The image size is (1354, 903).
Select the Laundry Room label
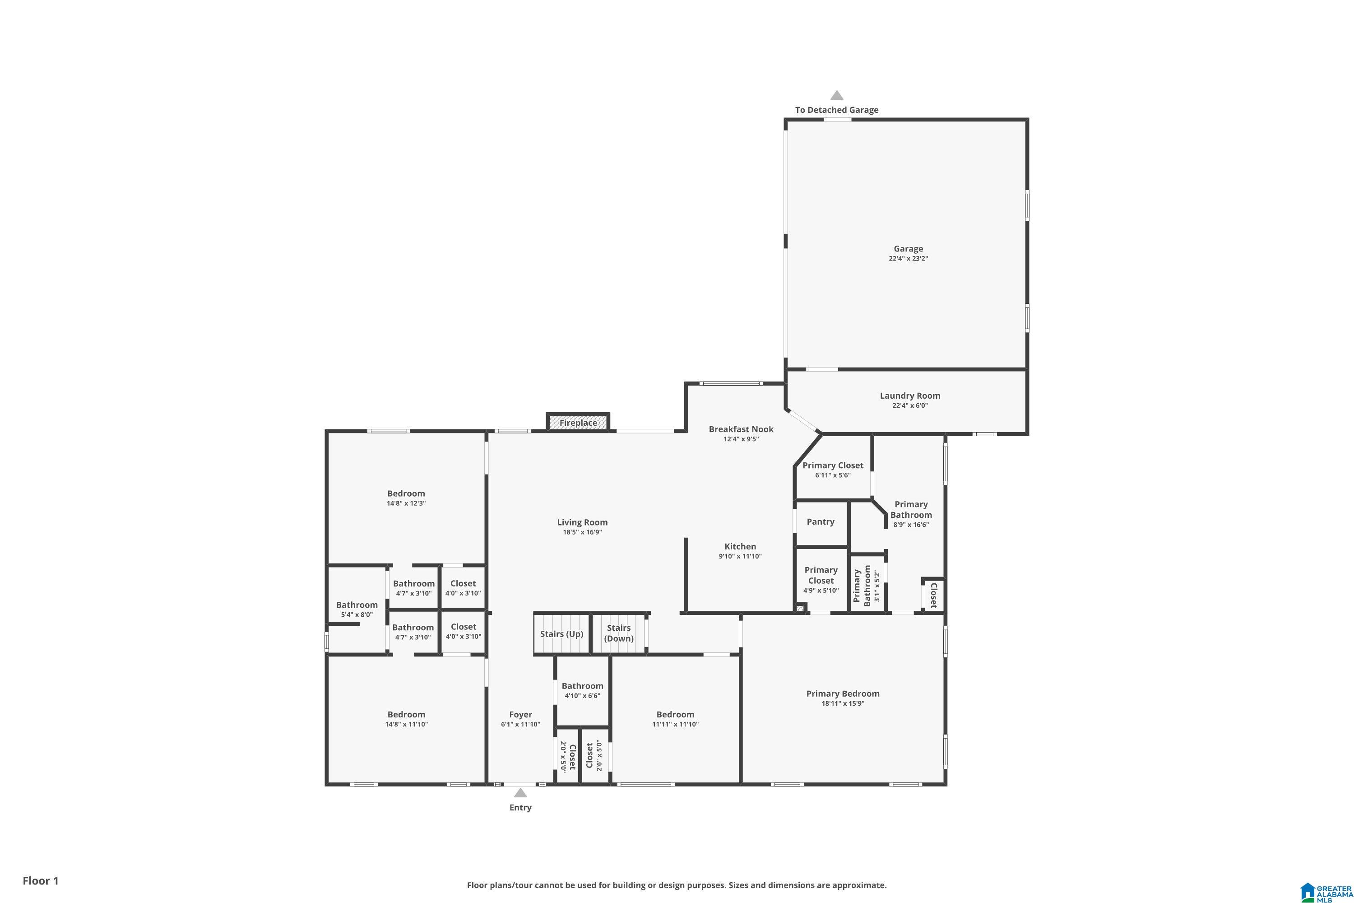pyautogui.click(x=909, y=396)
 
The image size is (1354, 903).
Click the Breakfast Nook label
pyautogui.click(x=741, y=429)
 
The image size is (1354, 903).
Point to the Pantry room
pyautogui.click(x=821, y=522)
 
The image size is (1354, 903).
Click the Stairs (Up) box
pyautogui.click(x=561, y=634)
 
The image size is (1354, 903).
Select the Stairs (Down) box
pyautogui.click(x=619, y=633)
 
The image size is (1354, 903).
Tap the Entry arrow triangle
pyautogui.click(x=520, y=793)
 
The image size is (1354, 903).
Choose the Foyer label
pyautogui.click(x=520, y=715)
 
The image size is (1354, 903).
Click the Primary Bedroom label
pyautogui.click(x=843, y=694)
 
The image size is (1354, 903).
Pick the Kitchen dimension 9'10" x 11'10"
pyautogui.click(x=740, y=556)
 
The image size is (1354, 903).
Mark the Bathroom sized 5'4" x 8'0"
pyautogui.click(x=357, y=609)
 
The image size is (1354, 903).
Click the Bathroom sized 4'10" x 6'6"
pyautogui.click(x=582, y=690)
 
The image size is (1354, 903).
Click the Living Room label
pyautogui.click(x=582, y=522)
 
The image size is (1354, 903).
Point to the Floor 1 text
pyautogui.click(x=40, y=880)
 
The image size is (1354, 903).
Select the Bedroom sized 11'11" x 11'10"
pyautogui.click(x=675, y=719)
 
